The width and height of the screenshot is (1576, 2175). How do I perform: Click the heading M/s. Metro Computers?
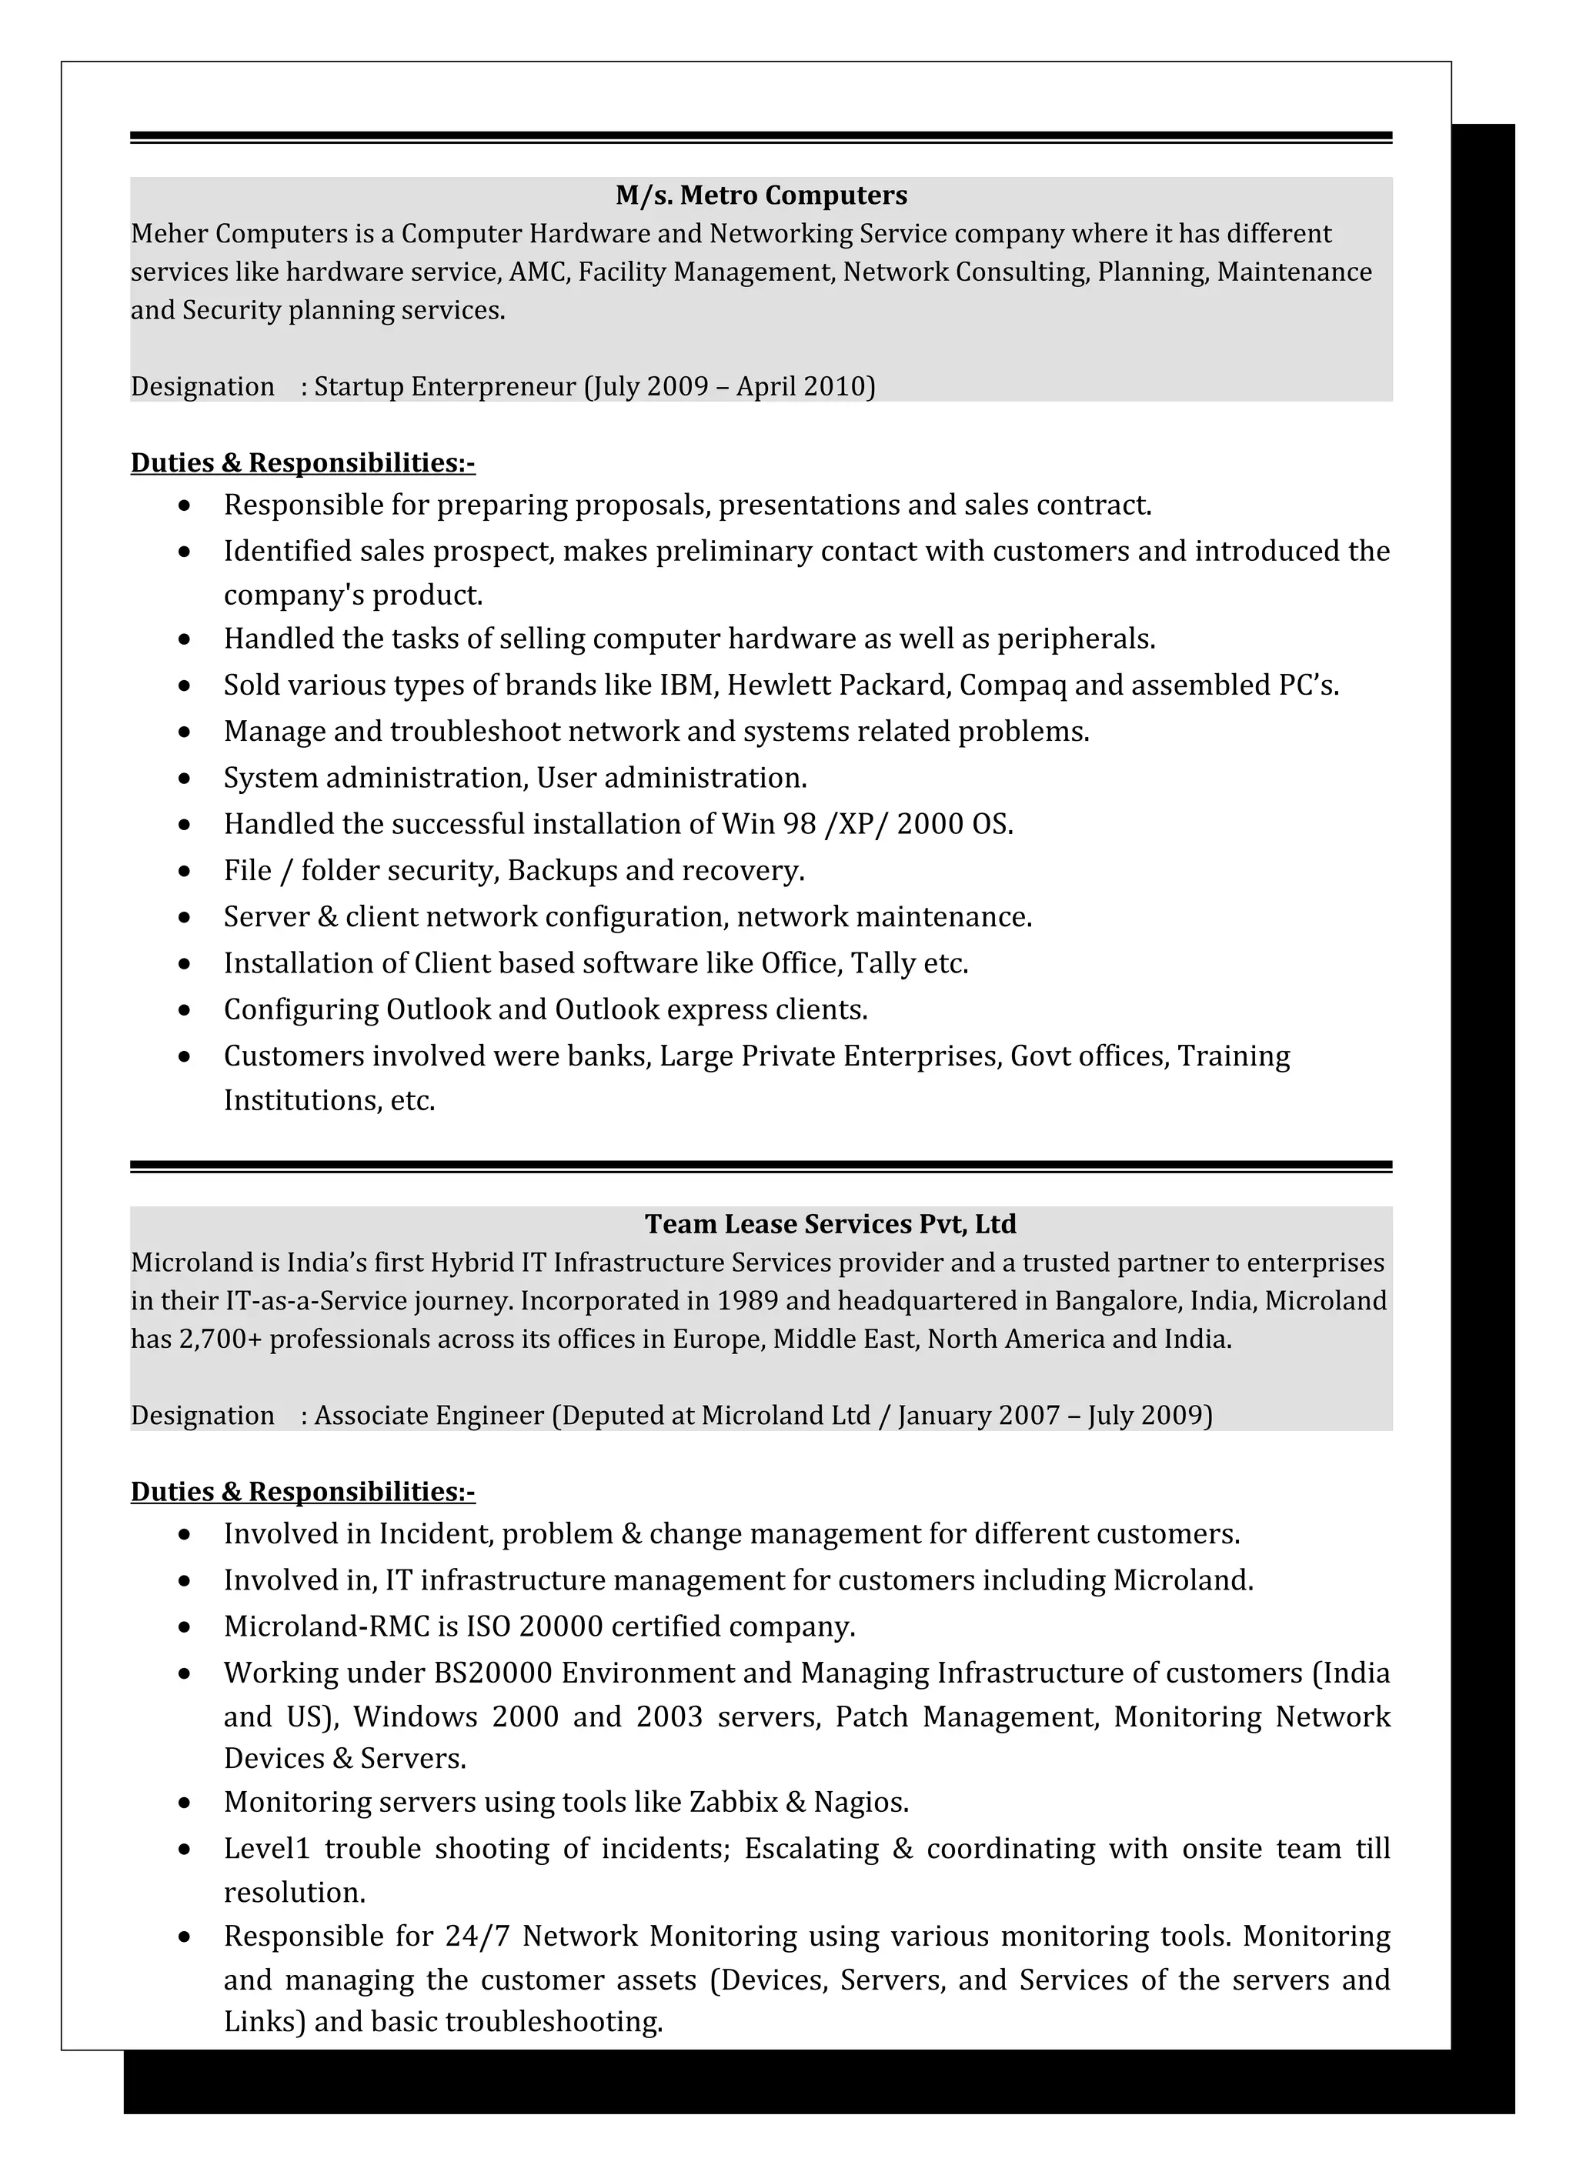click(x=760, y=195)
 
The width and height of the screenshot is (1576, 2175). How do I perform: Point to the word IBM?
click(x=688, y=686)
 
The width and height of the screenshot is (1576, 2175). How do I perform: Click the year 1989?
click(x=747, y=1300)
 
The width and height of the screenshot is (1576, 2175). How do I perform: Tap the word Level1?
click(x=267, y=1848)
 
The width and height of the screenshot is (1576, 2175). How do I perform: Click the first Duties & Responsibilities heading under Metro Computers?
click(x=302, y=463)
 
